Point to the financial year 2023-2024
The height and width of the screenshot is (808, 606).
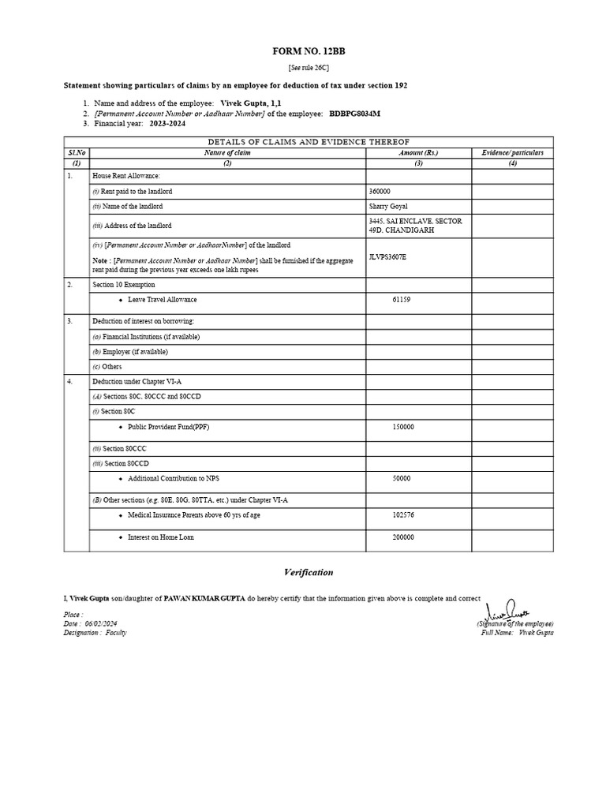(168, 124)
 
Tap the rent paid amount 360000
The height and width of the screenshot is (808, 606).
(380, 192)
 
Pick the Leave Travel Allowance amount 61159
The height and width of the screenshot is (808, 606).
(402, 300)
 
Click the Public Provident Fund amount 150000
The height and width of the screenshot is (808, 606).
(403, 427)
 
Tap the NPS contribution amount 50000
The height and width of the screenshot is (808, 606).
(402, 478)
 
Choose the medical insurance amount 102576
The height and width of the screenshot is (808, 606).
(403, 514)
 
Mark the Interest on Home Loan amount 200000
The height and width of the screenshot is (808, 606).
(403, 537)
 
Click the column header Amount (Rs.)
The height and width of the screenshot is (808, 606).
(418, 152)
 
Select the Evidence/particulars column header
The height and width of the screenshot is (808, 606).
(512, 152)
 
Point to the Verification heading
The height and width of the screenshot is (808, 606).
(309, 572)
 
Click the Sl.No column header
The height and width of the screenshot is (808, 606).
(77, 152)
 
